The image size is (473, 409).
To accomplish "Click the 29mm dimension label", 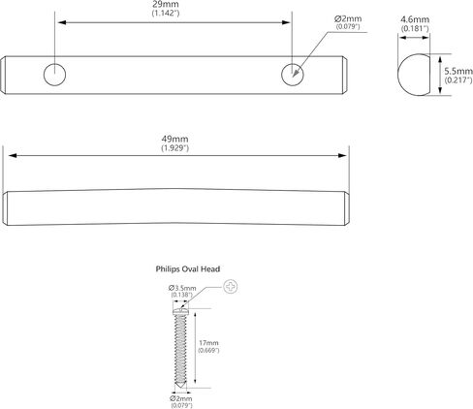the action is [166, 5].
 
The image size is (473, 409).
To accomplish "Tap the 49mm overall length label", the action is [174, 139].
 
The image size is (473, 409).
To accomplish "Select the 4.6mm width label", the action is [415, 19].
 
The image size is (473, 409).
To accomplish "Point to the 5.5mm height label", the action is [458, 71].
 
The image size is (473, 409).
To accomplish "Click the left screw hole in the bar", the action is [54, 75].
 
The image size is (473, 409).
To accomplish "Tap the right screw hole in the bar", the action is [293, 75].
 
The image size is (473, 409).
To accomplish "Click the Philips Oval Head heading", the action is [188, 269].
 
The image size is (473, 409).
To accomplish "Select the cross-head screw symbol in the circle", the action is [231, 287].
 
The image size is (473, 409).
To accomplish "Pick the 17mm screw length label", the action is [208, 343].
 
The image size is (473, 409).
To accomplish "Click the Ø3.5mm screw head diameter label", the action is [182, 288].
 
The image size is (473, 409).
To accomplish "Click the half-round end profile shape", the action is [414, 75].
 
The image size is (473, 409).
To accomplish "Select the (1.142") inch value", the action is [166, 14].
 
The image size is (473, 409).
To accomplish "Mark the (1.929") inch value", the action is [174, 148].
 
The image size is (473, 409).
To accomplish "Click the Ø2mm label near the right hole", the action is [348, 19].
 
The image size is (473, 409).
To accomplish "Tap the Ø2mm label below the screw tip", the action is [181, 398].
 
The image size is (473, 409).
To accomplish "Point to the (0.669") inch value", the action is [208, 351].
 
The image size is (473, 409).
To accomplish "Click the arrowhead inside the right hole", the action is [296, 73].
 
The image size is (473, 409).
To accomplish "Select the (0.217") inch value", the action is [458, 80].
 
